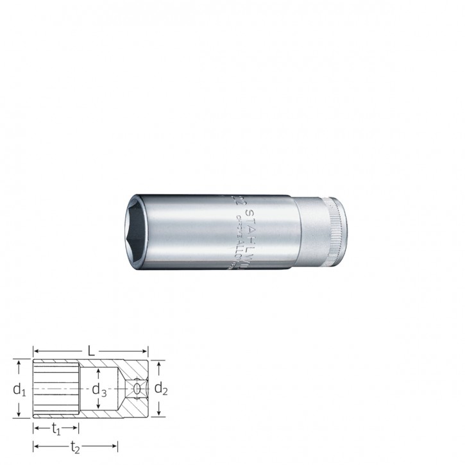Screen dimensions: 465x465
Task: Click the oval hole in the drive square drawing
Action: pyautogui.click(x=136, y=389)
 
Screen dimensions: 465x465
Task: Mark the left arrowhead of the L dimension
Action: pyautogui.click(x=36, y=351)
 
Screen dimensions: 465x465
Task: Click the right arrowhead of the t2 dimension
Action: pyautogui.click(x=115, y=446)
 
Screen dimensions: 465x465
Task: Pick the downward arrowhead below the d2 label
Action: pyautogui.click(x=159, y=414)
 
